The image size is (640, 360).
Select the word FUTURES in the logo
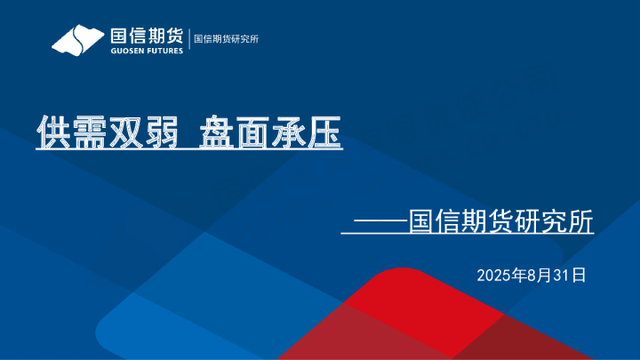coord(165,51)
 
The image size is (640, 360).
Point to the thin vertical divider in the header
coord(189,40)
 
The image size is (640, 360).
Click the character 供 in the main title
coord(54,132)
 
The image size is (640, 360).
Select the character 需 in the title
coord(90,132)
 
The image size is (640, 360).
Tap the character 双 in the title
coord(125,132)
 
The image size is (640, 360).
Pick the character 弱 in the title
coord(161,132)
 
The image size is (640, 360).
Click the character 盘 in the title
coord(217,132)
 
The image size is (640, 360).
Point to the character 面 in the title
coord(252,132)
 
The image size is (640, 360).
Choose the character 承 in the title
coord(288,132)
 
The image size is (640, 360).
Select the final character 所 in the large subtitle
coord(580,221)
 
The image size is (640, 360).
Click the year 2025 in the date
coord(493,275)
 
